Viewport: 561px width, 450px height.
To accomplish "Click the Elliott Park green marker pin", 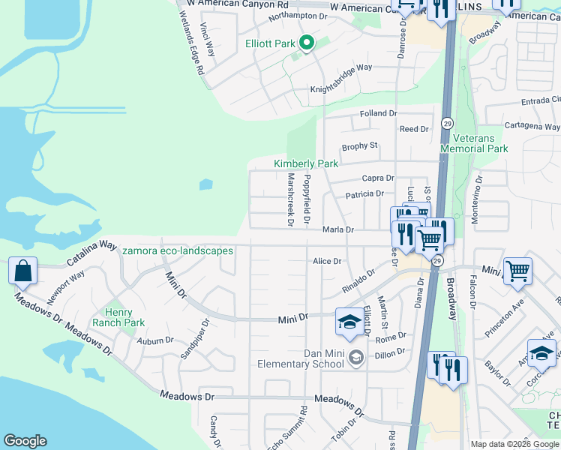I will tap(306, 43).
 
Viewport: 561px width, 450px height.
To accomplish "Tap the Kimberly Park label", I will tap(306, 163).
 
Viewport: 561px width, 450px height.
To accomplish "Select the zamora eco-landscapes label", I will tap(178, 250).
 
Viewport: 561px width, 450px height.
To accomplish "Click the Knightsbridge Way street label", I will tap(342, 89).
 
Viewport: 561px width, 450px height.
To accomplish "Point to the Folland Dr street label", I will tap(377, 113).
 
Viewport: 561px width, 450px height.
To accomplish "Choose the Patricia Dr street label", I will tap(365, 195).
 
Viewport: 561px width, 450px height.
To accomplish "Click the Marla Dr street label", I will tap(337, 229).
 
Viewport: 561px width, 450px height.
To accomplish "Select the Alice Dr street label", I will tap(327, 261).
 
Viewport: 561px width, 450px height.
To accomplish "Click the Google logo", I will tap(25, 441).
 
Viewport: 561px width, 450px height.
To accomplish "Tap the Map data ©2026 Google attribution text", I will tap(514, 444).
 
